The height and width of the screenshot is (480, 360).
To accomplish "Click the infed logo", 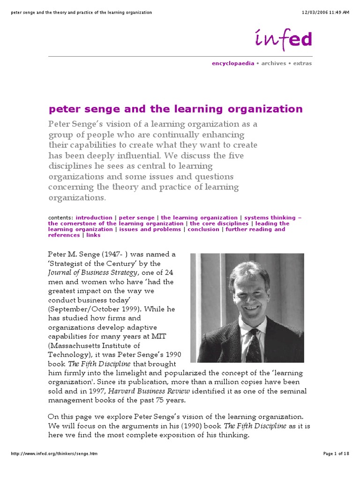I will (x=283, y=38).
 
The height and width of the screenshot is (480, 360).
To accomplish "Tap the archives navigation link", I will (x=274, y=63).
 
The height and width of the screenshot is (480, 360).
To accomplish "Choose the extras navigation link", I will (x=302, y=63).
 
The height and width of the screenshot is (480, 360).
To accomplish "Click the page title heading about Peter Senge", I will (x=176, y=109).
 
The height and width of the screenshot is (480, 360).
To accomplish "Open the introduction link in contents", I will (x=94, y=218).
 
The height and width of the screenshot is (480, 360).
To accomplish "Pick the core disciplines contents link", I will (x=219, y=224).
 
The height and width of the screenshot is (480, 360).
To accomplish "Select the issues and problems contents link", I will (x=150, y=229).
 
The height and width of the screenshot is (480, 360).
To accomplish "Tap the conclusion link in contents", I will (x=203, y=229).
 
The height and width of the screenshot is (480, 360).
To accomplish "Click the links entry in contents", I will (x=93, y=235).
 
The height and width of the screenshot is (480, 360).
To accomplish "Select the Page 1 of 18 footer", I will (x=336, y=467).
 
